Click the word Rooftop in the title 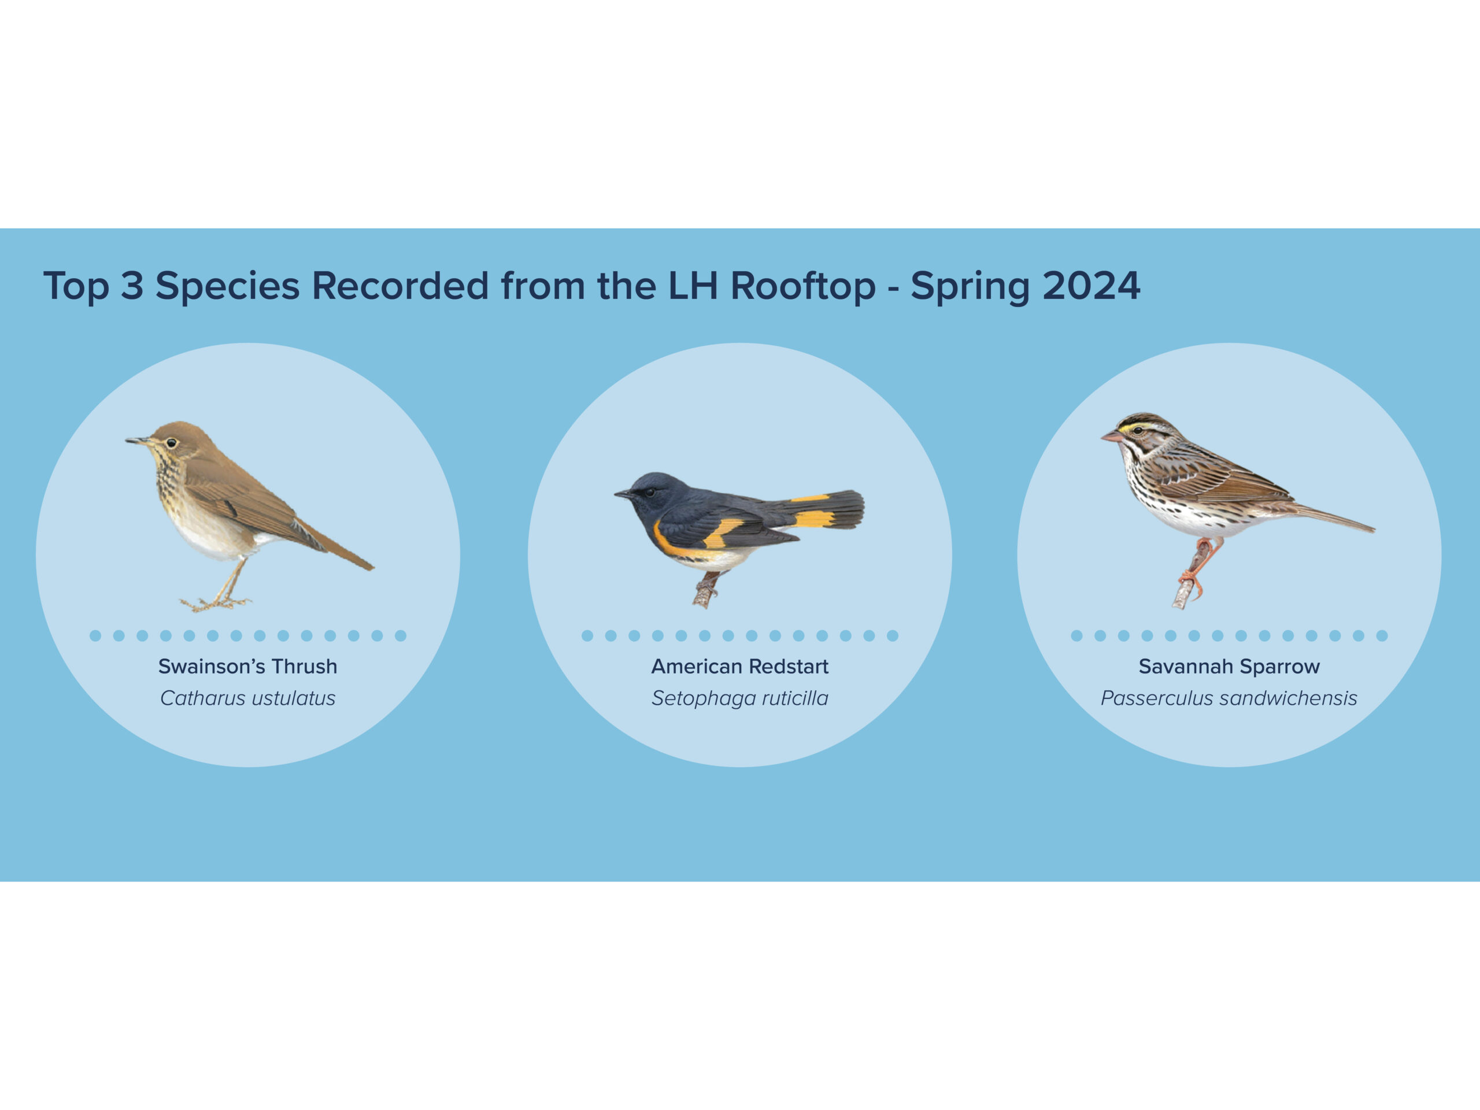[802, 286]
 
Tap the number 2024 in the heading [1091, 286]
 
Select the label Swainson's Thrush [247, 667]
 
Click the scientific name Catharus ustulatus [247, 698]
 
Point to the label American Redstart [740, 667]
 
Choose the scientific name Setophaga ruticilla [740, 698]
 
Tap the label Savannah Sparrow [1229, 667]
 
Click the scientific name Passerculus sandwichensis [1229, 698]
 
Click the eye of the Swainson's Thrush [171, 443]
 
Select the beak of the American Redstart [623, 494]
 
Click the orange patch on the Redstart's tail [815, 519]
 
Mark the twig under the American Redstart [705, 590]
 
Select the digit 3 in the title [132, 286]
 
